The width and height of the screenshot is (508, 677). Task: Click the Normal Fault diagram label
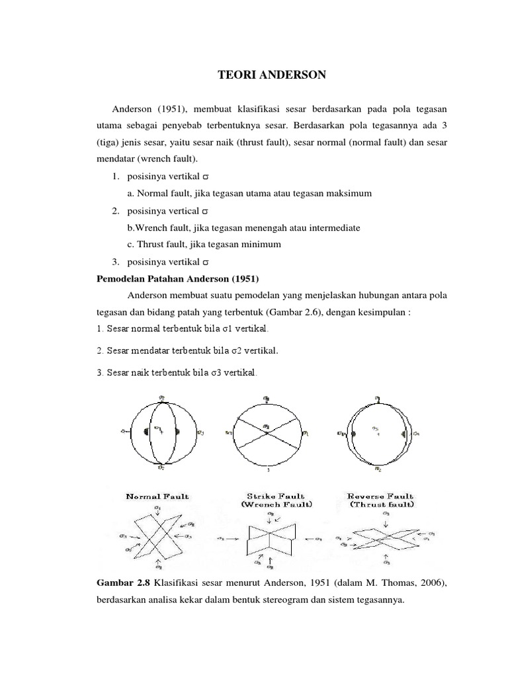157,496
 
